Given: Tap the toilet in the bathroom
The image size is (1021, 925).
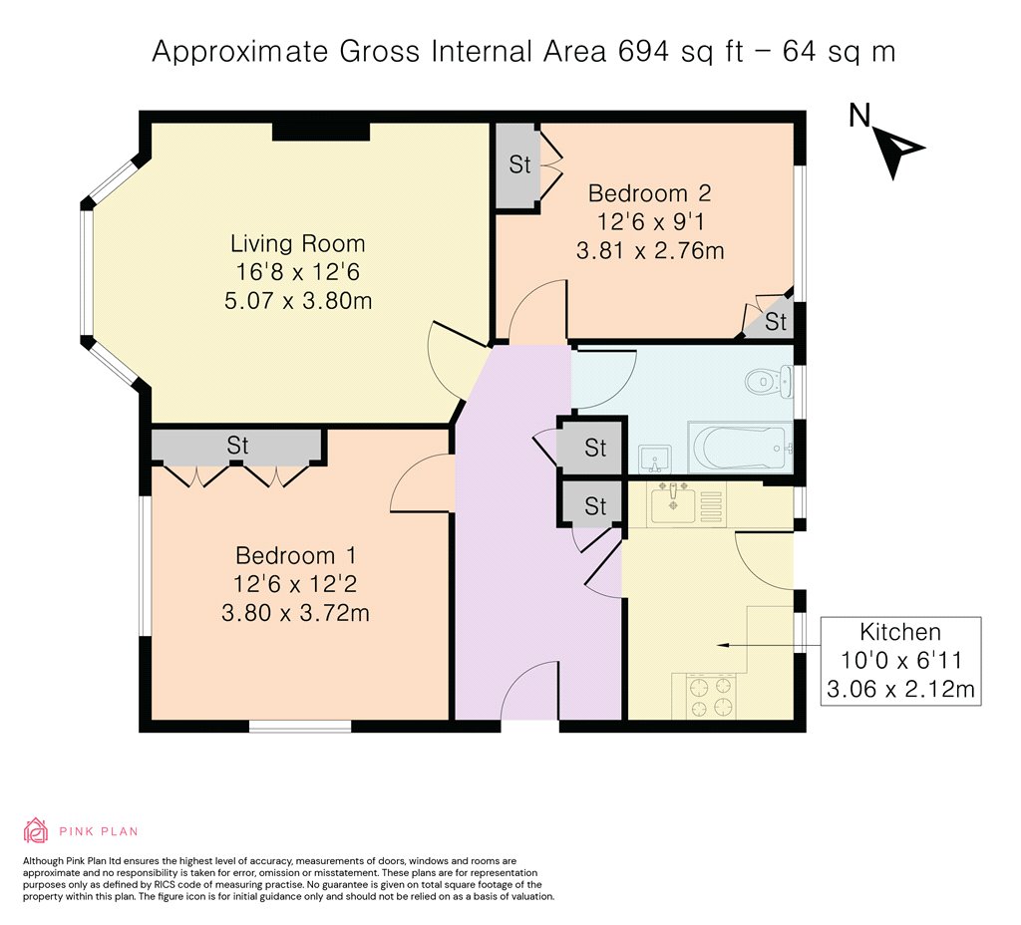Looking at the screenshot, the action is click(769, 382).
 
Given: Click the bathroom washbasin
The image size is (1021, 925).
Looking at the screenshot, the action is click(654, 459).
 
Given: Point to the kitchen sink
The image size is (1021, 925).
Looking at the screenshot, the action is click(673, 503).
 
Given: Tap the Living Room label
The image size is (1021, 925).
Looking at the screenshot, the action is click(297, 243).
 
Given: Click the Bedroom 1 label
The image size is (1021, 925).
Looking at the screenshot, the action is click(295, 555).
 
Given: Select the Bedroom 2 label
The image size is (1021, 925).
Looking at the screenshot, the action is click(649, 193).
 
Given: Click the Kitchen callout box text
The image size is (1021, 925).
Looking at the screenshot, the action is click(900, 660).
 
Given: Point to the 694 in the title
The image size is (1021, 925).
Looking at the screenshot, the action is click(643, 52).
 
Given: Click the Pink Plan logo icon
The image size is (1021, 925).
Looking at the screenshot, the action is click(36, 830).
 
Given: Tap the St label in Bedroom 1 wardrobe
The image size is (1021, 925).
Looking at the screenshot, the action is click(237, 446).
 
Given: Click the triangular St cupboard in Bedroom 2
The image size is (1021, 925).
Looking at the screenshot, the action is click(772, 320).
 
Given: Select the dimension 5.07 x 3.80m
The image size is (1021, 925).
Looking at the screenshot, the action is click(298, 301).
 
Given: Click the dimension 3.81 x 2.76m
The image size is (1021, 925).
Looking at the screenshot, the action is click(650, 250).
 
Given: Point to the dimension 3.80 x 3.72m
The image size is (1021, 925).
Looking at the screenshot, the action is click(295, 613).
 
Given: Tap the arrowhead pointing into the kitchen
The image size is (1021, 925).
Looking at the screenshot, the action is click(722, 645).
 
